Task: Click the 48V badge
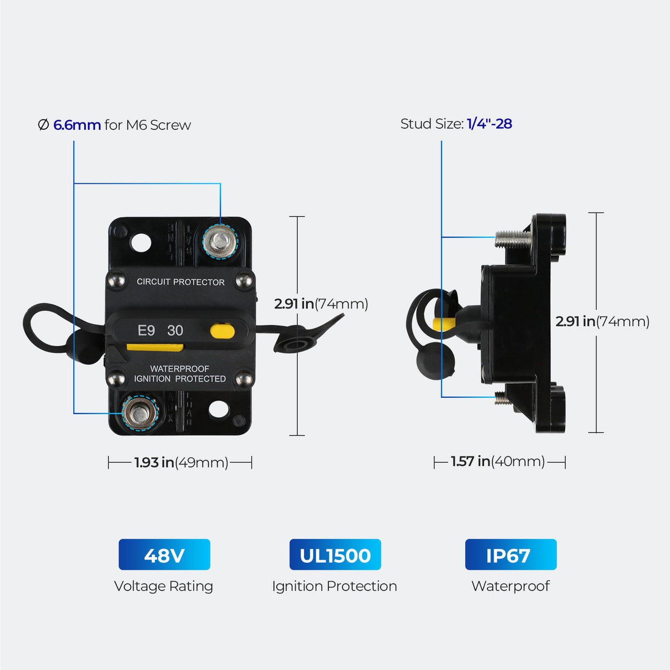[164, 555]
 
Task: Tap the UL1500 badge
[335, 555]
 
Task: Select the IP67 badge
[510, 555]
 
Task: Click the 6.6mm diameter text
[77, 125]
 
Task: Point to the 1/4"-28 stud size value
[489, 124]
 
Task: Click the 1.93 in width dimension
[154, 463]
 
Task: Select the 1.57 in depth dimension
[471, 462]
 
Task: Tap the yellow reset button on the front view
[222, 331]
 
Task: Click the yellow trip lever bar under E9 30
[155, 347]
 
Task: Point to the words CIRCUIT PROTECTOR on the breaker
[181, 282]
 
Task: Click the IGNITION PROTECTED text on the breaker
[180, 379]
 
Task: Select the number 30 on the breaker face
[175, 331]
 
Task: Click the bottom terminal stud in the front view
[140, 414]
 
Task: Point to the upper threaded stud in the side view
[512, 239]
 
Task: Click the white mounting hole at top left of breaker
[140, 243]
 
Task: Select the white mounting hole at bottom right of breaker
[218, 409]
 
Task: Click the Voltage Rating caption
[163, 586]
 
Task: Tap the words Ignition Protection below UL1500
[334, 586]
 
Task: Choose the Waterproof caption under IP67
[510, 586]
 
